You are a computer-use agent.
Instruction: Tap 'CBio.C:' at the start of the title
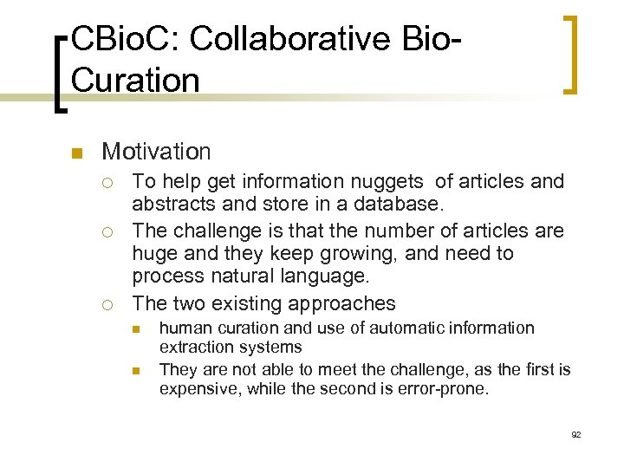[125, 39]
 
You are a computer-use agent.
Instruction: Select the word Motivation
[156, 152]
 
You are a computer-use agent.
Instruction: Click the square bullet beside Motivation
[76, 153]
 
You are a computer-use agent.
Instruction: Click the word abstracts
[168, 205]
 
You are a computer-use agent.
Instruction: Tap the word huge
[152, 254]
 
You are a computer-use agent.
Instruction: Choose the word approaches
[344, 303]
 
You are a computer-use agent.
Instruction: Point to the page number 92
[576, 434]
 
